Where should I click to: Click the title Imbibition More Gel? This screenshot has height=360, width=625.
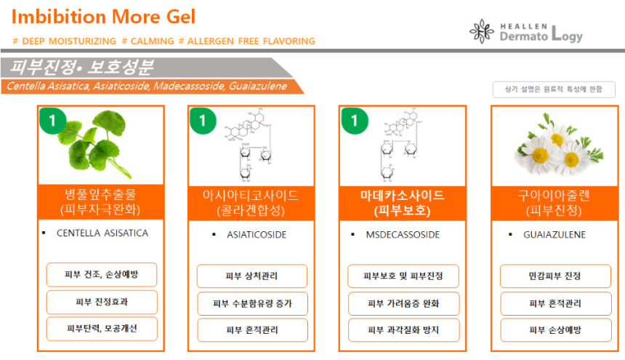[x=103, y=17]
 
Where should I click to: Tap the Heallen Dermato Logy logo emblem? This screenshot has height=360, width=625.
[x=482, y=31]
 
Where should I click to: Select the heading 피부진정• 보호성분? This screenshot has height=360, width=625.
[x=81, y=68]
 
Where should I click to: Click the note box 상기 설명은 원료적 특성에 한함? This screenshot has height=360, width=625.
[x=549, y=89]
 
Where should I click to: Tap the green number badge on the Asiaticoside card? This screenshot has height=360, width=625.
[x=203, y=120]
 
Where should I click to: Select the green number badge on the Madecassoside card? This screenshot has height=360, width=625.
[x=354, y=120]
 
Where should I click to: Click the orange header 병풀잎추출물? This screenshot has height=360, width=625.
[x=101, y=202]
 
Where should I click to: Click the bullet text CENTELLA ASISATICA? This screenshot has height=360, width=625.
[x=102, y=233]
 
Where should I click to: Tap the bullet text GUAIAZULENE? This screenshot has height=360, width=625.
[x=555, y=235]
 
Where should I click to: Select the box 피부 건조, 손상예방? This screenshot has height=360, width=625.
[x=101, y=275]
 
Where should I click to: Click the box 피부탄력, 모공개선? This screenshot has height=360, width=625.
[x=101, y=328]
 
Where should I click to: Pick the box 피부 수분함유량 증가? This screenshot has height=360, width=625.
[x=252, y=303]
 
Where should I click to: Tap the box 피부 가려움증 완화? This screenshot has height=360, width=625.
[x=403, y=303]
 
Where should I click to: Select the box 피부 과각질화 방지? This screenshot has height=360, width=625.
[x=403, y=329]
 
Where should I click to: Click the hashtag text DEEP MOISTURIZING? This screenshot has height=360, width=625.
[x=65, y=41]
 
